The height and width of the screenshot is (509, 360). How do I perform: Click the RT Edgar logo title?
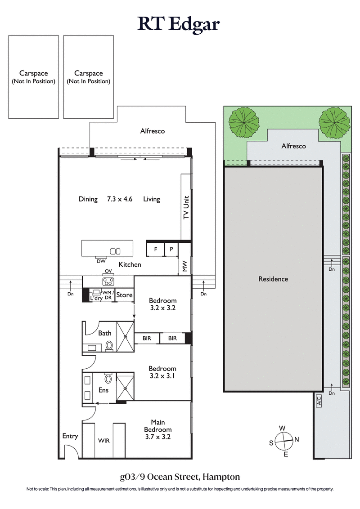179,24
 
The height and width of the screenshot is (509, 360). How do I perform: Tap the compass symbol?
284,441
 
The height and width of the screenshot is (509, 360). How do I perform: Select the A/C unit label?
318,400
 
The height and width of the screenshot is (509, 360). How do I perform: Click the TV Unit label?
186,207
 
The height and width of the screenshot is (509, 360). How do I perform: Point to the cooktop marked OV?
108,282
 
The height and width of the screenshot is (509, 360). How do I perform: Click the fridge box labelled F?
155,249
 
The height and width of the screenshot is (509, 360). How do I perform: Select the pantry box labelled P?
171,249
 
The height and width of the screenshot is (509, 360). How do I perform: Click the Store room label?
124,295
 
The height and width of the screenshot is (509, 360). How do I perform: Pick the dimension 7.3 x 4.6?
120,199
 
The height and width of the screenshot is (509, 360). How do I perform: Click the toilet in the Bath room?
109,345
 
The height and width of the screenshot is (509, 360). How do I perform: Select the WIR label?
104,441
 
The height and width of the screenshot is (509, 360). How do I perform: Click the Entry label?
70,436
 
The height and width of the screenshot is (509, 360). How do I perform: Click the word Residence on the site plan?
273,279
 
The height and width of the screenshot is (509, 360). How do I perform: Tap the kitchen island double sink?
115,251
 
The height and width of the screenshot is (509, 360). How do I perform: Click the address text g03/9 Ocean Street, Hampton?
180,476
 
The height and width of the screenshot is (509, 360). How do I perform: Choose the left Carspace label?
33,77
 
